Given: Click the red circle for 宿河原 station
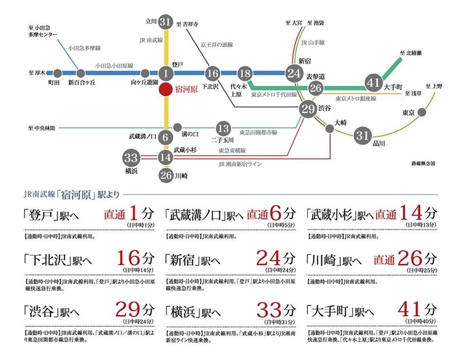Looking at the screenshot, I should pyautogui.click(x=166, y=90).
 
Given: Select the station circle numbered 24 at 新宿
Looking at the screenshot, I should pyautogui.click(x=294, y=74).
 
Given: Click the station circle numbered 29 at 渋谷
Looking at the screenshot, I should pyautogui.click(x=308, y=109).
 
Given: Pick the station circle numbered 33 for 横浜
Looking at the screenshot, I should pyautogui.click(x=131, y=158).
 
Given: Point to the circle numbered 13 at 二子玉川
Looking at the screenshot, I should pyautogui.click(x=223, y=128).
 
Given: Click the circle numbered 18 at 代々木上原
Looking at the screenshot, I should pyautogui.click(x=246, y=74).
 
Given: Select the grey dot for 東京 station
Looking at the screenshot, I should pyautogui.click(x=422, y=112).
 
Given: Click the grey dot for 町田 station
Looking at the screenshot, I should pyautogui.click(x=57, y=74).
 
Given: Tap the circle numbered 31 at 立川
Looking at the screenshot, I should pyautogui.click(x=166, y=21).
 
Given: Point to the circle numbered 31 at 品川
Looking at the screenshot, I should pyautogui.click(x=362, y=135).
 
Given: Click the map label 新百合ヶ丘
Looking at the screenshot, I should pyautogui.click(x=82, y=83).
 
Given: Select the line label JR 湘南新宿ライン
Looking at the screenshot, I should pyautogui.click(x=241, y=164).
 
